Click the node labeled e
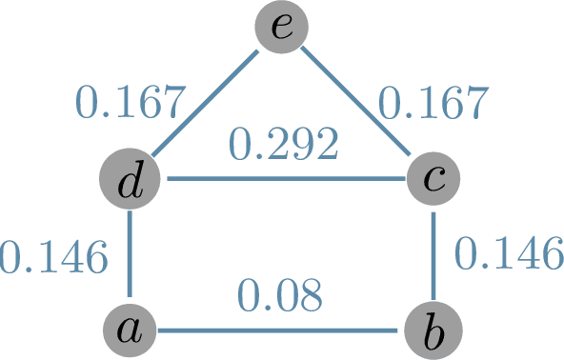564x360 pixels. (x=282, y=28)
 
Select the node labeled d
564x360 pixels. (x=128, y=180)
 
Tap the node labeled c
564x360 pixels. (x=434, y=180)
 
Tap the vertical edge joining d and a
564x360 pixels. (x=128, y=255)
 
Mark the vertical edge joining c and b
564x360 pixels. (x=434, y=255)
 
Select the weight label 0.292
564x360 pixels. (x=283, y=145)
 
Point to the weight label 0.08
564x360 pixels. (x=281, y=296)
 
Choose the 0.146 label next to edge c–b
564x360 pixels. (x=504, y=253)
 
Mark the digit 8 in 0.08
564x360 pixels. (x=311, y=296)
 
